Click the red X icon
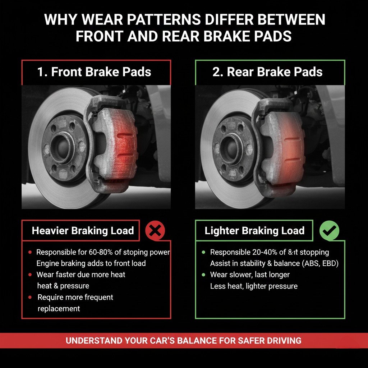click(155, 231)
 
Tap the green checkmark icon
click(329, 231)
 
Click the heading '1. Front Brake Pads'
click(94, 72)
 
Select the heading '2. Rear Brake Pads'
click(267, 72)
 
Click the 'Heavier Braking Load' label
click(83, 230)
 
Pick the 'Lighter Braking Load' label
click(254, 230)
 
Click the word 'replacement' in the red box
click(59, 309)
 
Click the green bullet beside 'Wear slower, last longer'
click(203, 275)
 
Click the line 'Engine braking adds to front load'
click(91, 263)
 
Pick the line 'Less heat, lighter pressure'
click(254, 286)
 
